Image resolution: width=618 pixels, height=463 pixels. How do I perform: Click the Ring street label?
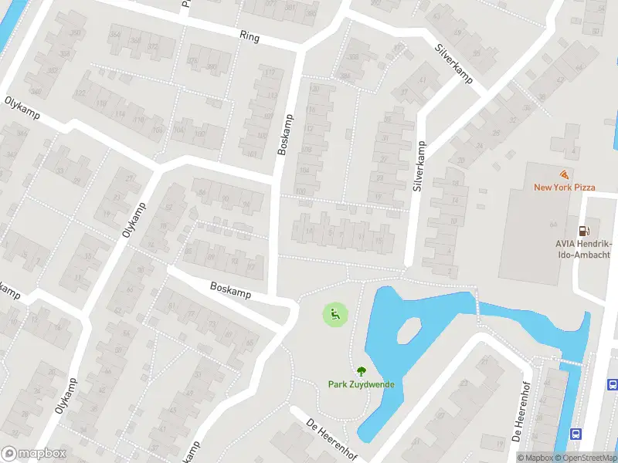click(250, 36)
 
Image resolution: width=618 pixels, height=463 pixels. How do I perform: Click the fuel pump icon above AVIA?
click(584, 231)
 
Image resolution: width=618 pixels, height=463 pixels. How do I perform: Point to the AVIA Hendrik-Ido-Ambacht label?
click(583, 249)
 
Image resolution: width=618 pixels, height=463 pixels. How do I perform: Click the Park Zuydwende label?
click(361, 384)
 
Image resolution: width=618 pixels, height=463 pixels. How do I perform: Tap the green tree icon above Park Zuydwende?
click(361, 370)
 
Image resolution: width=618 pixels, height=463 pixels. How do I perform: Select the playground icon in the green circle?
click(334, 314)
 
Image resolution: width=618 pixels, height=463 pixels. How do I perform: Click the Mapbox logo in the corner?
click(34, 454)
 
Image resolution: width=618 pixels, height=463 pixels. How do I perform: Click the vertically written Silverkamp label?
click(418, 167)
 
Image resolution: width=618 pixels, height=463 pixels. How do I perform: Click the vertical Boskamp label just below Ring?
click(286, 134)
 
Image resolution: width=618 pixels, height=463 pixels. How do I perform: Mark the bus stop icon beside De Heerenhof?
click(576, 434)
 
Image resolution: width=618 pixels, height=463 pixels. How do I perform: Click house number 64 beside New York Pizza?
click(552, 224)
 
